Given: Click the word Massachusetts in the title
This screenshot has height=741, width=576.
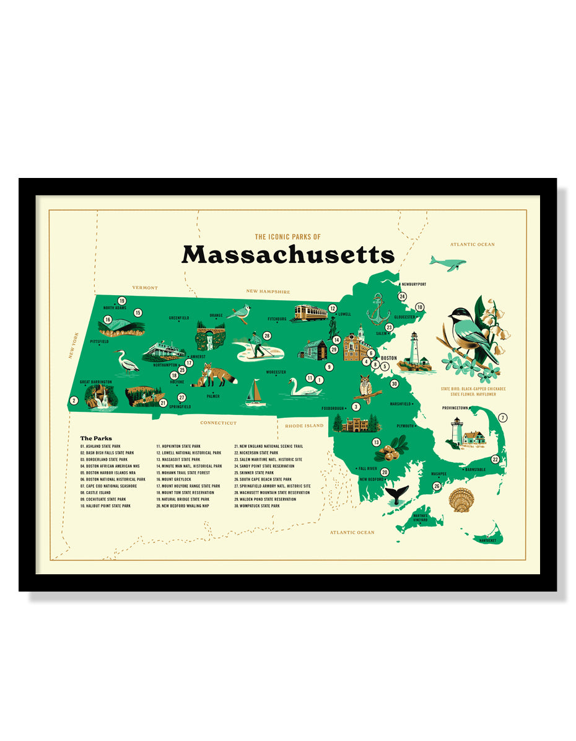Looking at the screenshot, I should (288, 254).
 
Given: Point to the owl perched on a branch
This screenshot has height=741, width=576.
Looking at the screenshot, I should (366, 388).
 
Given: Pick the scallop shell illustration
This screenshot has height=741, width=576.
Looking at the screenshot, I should (460, 500).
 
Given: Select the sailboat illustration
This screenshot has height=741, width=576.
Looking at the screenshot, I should (255, 394).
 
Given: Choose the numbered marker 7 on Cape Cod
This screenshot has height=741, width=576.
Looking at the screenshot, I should (503, 418).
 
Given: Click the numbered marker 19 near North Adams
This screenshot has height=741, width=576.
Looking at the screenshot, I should (122, 301).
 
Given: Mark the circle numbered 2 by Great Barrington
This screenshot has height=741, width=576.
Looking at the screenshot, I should (74, 401).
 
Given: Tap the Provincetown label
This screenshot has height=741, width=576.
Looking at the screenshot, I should (455, 408).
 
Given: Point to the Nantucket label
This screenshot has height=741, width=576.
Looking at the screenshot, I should (487, 540).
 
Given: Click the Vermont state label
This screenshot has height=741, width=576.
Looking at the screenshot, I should (145, 288).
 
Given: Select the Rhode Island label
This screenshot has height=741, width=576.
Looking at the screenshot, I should (304, 426).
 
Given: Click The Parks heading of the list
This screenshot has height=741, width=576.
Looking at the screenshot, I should (96, 438).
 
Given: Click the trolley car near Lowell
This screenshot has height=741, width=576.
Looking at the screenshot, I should (310, 313).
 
